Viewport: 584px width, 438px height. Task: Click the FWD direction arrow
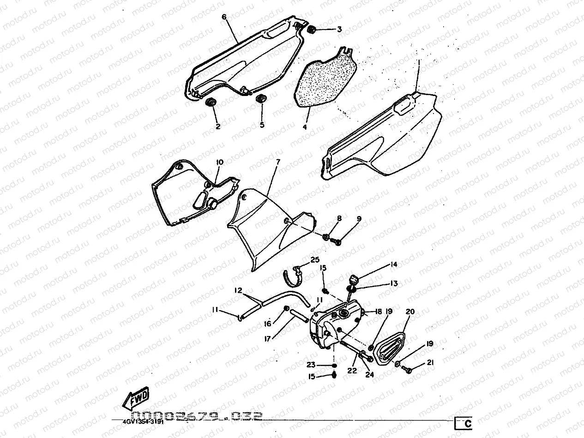coord(136,398)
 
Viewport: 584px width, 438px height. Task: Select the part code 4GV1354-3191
coord(143,421)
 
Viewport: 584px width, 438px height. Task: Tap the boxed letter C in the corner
coord(464,423)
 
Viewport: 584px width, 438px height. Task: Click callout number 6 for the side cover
coord(224,17)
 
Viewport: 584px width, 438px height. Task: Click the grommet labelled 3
coord(311,30)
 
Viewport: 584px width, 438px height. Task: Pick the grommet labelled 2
coord(211,102)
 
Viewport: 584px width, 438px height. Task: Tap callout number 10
coord(219,162)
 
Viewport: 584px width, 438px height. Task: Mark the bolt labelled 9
coord(337,241)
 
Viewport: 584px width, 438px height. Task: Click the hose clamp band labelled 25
coord(293,275)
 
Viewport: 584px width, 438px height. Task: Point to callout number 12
coord(238,290)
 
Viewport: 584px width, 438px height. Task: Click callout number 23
coord(311,365)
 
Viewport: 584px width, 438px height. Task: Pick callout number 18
coord(379,312)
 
